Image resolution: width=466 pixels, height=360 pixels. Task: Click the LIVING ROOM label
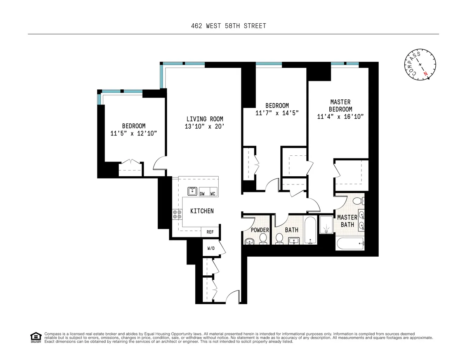pos(204,119)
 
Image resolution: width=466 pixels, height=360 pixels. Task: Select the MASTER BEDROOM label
pos(340,106)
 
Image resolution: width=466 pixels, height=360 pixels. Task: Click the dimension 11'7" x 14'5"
pos(277,113)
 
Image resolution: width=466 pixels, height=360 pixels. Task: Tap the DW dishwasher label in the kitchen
pos(202,194)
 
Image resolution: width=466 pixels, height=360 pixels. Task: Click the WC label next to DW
pos(213,194)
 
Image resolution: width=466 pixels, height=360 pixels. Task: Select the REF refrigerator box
pos(210,232)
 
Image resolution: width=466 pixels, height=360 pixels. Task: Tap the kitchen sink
pos(192,191)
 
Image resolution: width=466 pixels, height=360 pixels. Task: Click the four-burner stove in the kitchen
pos(177,215)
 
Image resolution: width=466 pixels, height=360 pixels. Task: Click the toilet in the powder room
pos(263,239)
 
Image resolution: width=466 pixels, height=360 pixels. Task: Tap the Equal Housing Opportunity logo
pos(36,337)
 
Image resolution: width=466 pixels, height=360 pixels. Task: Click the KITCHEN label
pos(202,211)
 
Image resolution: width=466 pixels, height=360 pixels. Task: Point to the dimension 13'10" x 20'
pos(204,126)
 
